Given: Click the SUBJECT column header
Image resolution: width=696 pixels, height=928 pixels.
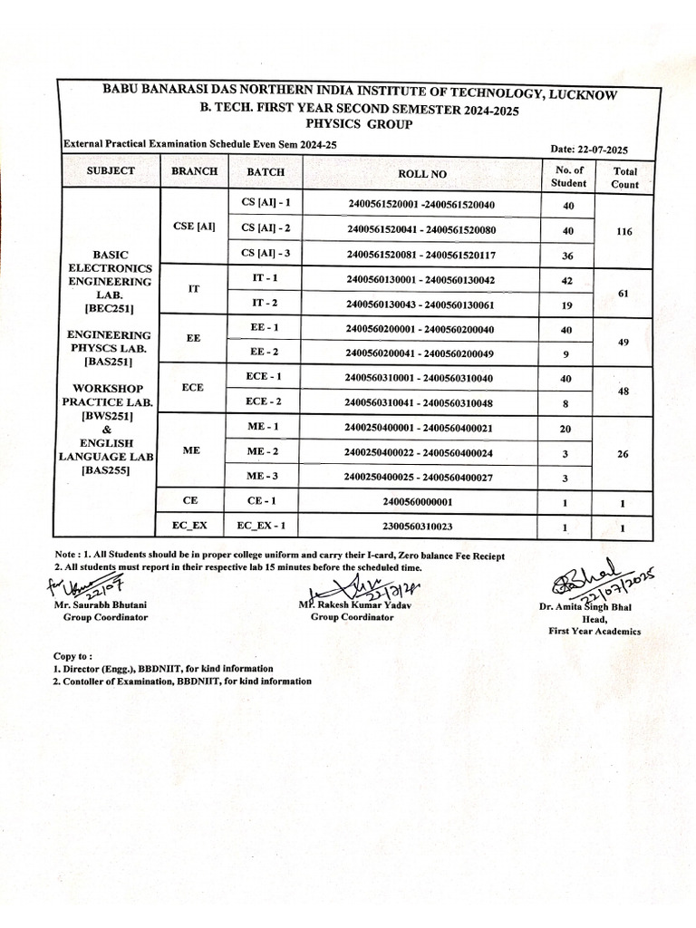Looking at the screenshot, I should click(111, 170).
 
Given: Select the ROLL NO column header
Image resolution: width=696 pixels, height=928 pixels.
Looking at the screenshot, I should click(421, 173).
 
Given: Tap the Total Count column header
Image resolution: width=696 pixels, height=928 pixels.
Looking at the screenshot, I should click(624, 178).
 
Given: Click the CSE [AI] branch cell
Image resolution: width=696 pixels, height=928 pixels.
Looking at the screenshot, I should click(193, 227).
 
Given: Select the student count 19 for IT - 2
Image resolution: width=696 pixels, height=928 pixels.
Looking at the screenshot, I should click(568, 305).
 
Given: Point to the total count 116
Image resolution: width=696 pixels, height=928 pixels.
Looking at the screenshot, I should click(623, 232).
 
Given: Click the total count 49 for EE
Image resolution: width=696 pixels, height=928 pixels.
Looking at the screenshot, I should click(623, 342).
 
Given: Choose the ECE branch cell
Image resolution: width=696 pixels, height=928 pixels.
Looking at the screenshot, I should click(193, 386).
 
